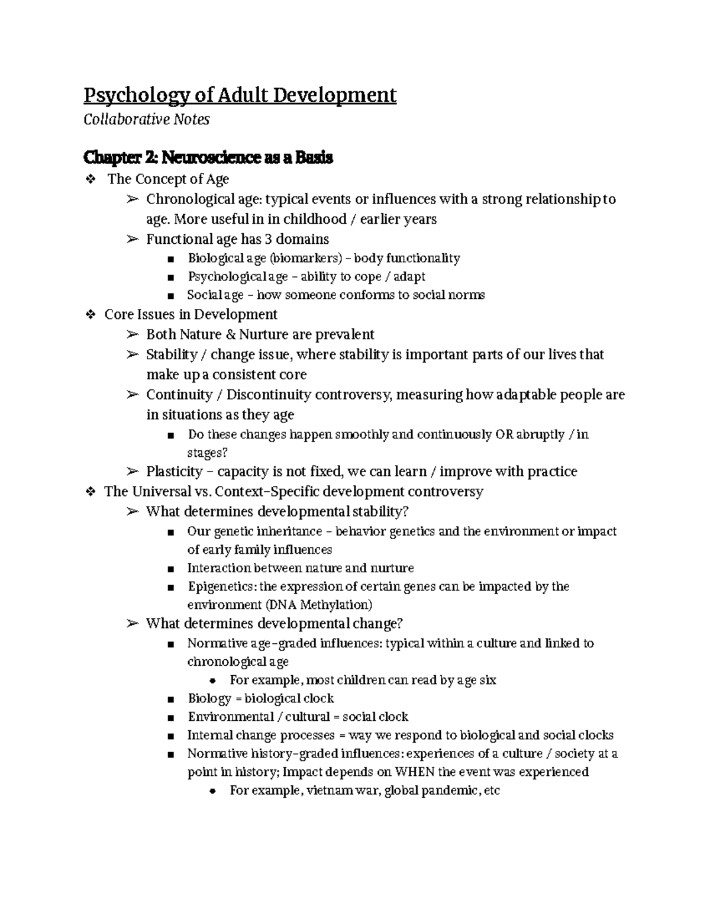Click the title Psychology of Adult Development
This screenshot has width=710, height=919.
click(240, 95)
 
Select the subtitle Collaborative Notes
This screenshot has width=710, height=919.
click(146, 120)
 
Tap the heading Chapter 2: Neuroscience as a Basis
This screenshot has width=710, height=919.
click(208, 157)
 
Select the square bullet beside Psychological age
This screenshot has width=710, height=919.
click(171, 277)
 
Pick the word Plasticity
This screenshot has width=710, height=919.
click(174, 472)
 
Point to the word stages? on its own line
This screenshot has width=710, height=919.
click(207, 453)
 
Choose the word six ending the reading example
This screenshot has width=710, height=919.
click(488, 680)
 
